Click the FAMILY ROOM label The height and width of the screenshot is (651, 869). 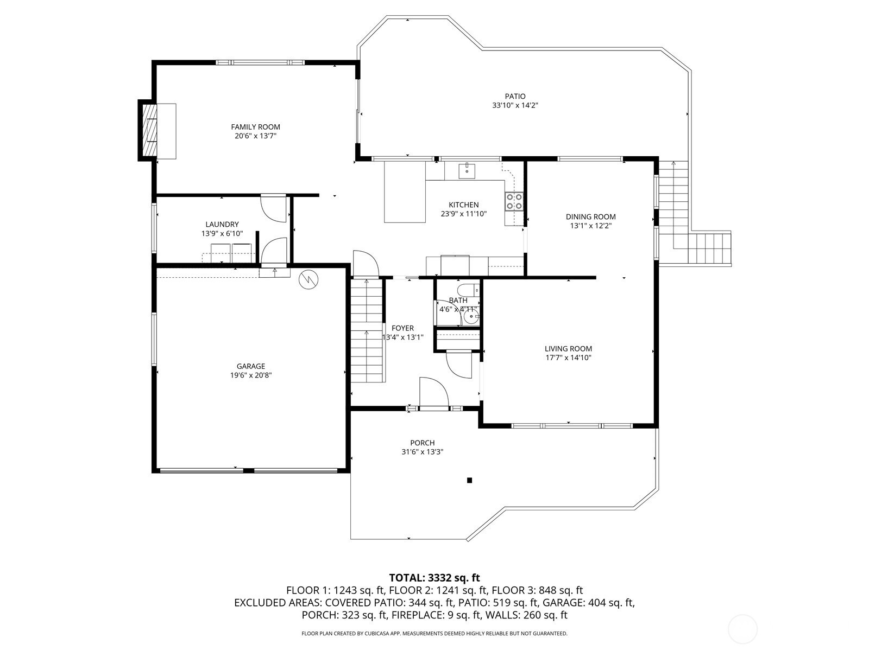tap(255, 127)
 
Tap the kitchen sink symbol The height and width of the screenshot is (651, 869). tap(467, 170)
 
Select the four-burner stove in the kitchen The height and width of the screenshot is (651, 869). tap(514, 201)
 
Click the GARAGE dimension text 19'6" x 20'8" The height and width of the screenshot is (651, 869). tap(251, 375)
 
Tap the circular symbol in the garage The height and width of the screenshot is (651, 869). tap(309, 279)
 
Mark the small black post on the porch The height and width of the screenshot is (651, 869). tap(470, 481)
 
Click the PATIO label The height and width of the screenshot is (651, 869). tap(515, 97)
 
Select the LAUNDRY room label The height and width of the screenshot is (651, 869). tap(222, 225)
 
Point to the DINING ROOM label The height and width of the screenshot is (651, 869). tap(591, 216)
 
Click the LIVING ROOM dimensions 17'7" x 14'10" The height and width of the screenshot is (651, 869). tap(568, 358)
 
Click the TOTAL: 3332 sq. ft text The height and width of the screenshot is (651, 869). tap(434, 578)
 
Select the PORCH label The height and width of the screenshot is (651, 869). tap(423, 443)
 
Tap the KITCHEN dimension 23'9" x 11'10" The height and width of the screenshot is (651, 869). tap(464, 214)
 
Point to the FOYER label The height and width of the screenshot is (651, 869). tap(402, 328)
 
